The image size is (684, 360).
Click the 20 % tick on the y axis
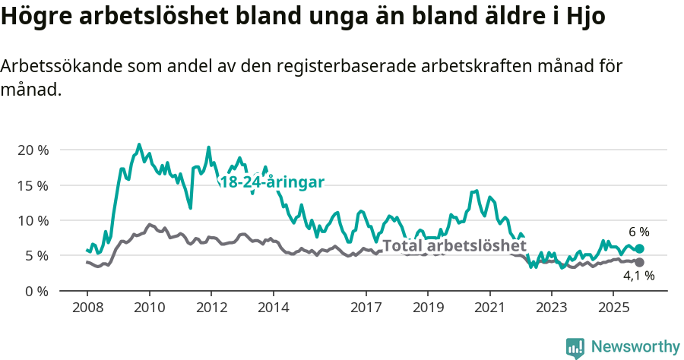(33, 150)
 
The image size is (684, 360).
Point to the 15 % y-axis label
(33, 185)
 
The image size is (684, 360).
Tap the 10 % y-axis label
(33, 220)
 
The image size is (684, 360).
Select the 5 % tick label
(36, 256)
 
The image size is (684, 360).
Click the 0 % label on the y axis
(36, 291)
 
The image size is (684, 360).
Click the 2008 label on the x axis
(87, 308)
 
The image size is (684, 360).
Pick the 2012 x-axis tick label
(211, 308)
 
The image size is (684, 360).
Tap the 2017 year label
(366, 308)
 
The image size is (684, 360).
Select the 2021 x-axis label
(489, 308)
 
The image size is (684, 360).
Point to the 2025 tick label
(613, 308)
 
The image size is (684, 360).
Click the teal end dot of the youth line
(640, 248)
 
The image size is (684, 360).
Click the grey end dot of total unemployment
(640, 262)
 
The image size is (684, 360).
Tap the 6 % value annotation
(638, 232)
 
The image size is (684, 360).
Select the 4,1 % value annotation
(638, 276)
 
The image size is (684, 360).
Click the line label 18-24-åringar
(272, 182)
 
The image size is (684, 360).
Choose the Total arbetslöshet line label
(454, 245)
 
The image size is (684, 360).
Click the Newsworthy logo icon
(575, 347)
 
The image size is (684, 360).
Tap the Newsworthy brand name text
(635, 347)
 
